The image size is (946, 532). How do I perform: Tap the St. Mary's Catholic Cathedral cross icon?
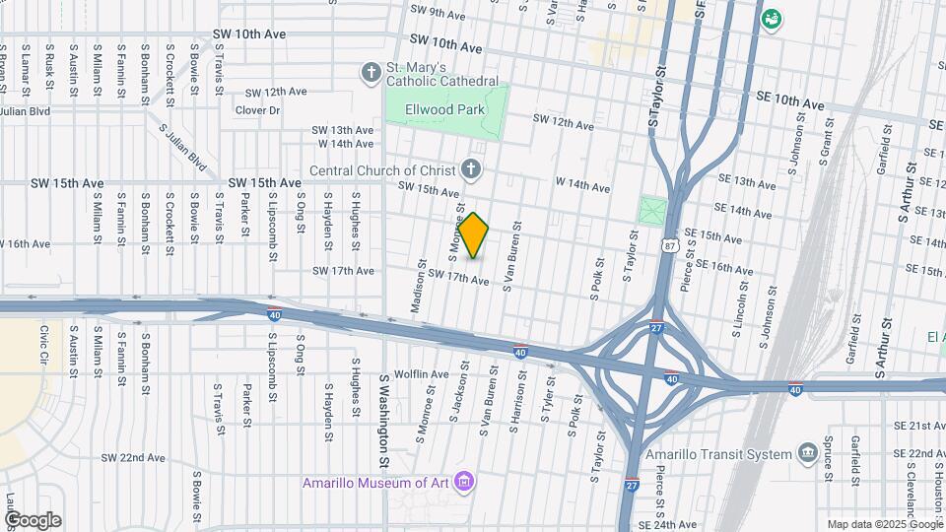(371, 72)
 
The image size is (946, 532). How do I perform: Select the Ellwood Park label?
(446, 109)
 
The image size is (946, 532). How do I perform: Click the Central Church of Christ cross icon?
(471, 170)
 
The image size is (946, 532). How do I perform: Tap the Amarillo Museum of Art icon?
(465, 482)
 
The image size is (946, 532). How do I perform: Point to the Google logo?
(33, 519)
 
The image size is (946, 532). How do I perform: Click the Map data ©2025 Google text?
(884, 524)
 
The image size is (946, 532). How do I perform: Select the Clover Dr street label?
(258, 110)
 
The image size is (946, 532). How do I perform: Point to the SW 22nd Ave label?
(133, 458)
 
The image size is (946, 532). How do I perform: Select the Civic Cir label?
(44, 343)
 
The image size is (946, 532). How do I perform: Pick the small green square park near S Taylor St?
(652, 210)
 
